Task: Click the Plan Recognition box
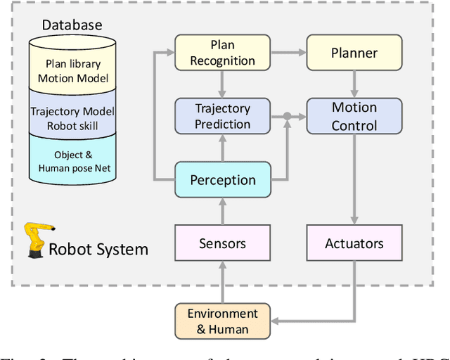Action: [x=222, y=53]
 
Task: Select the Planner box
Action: [x=354, y=53]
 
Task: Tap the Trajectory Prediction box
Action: [x=222, y=116]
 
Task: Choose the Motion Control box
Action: [x=354, y=116]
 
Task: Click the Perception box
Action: [x=222, y=180]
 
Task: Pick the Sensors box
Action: [x=222, y=243]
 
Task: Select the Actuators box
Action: [x=354, y=243]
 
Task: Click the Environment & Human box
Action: [x=222, y=321]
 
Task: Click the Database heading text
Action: [x=72, y=25]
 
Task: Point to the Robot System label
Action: [x=98, y=248]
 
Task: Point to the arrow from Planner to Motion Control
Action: [x=354, y=84]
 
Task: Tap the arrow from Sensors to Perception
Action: [x=222, y=212]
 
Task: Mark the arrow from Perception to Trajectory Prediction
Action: [x=222, y=148]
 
